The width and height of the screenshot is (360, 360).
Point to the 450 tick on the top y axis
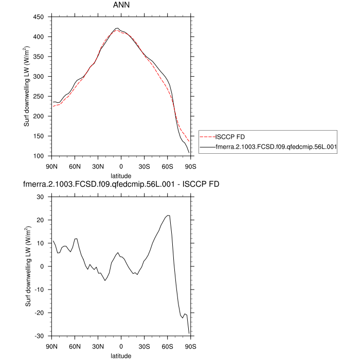[40, 17]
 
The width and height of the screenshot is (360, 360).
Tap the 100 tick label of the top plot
[40, 156]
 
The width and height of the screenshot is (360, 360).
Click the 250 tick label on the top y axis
[40, 96]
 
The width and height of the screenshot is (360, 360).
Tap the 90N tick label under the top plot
[51, 167]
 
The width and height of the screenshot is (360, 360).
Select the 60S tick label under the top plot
[168, 167]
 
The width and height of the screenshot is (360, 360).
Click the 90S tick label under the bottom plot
[191, 347]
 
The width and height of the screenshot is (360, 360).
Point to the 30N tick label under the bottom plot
[98, 347]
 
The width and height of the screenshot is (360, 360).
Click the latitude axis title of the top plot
[121, 175]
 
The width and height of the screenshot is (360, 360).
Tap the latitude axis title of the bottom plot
[121, 355]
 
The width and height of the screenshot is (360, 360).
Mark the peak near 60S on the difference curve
[168, 215]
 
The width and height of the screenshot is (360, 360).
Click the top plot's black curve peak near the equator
[117, 28]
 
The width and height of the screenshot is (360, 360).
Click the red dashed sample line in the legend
[207, 137]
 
